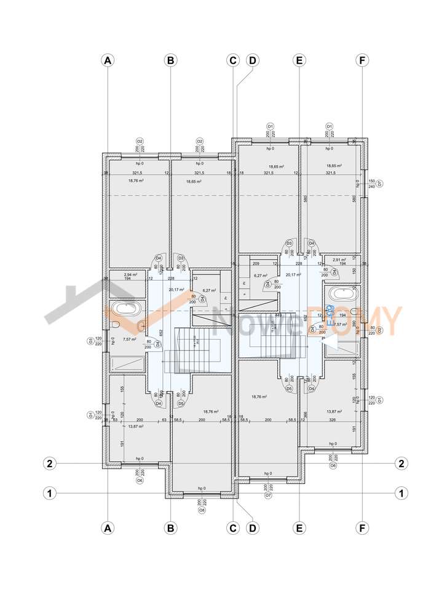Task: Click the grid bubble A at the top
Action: point(108,60)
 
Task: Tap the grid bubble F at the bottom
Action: point(363,527)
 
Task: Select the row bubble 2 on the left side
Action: point(49,463)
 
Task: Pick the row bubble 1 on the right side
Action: point(401,492)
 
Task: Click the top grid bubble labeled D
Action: point(251,60)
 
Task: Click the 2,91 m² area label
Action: point(339,260)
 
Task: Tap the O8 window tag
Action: point(201,510)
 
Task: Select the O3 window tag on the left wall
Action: point(90,340)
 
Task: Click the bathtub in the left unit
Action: point(128,308)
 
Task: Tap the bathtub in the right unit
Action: point(341,293)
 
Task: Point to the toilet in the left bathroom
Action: point(114,325)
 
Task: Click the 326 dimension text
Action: point(333,420)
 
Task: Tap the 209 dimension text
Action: point(255,263)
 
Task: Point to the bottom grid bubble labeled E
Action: point(299,527)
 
